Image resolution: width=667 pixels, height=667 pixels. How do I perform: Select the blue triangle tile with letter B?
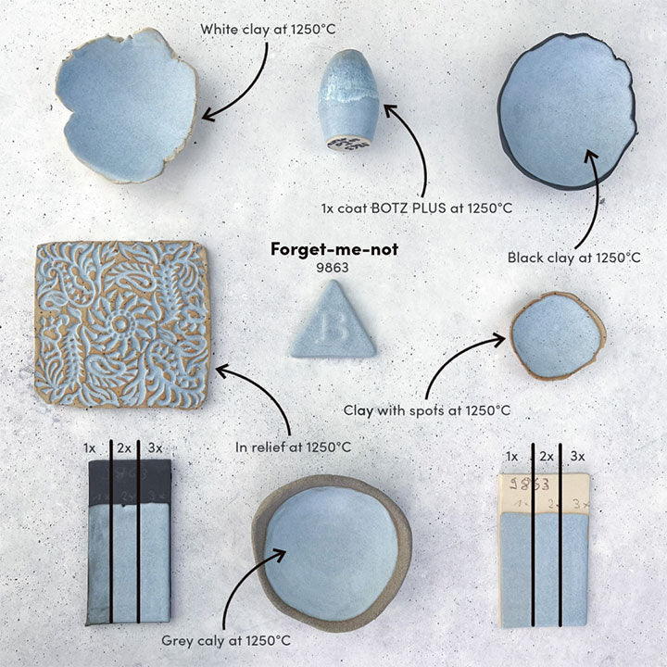coord(333,324)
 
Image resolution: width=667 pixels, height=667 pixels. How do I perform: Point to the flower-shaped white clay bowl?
coord(126,104)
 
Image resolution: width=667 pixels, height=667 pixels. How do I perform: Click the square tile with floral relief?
coord(121,323)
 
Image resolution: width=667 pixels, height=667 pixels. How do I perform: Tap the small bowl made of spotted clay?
coord(557,334)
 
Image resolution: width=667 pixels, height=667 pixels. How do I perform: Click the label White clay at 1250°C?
coord(268,30)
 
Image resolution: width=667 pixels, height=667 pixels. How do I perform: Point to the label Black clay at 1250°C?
coord(574,258)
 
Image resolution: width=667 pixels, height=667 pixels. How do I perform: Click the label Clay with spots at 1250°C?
coord(427,409)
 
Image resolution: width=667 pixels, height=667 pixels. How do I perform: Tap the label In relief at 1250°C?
coord(294,447)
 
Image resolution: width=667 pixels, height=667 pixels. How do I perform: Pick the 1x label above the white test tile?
coord(512,456)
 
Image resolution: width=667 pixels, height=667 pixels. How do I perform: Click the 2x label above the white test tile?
coord(546,456)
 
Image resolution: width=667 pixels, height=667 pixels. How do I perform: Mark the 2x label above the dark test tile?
coord(123,448)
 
